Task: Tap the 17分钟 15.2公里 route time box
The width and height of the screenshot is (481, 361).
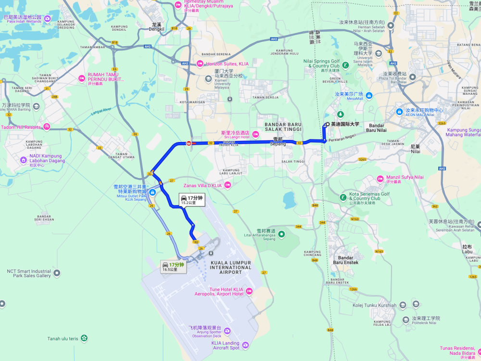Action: tap(191, 200)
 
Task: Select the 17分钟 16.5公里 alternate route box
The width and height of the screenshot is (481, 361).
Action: tap(173, 267)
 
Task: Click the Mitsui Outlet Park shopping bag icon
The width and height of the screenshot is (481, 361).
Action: tap(152, 193)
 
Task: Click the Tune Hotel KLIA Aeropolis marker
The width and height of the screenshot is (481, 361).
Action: tap(249, 291)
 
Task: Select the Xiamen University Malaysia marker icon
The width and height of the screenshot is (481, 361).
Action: tap(208, 79)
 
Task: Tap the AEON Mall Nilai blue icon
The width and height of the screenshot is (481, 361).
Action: tap(399, 112)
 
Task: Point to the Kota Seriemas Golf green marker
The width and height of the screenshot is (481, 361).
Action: tap(342, 196)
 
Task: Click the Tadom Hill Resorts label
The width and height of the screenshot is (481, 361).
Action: tap(21, 127)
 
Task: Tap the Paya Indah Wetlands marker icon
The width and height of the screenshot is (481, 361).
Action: tap(48, 19)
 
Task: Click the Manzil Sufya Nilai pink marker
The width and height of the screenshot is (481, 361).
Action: tap(380, 179)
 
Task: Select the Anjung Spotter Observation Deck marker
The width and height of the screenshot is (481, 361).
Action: tap(228, 331)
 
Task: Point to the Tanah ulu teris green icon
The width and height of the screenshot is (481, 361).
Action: tap(85, 338)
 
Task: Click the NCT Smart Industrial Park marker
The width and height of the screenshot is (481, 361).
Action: tap(57, 273)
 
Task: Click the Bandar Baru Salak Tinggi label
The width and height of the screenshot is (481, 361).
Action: tap(283, 127)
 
